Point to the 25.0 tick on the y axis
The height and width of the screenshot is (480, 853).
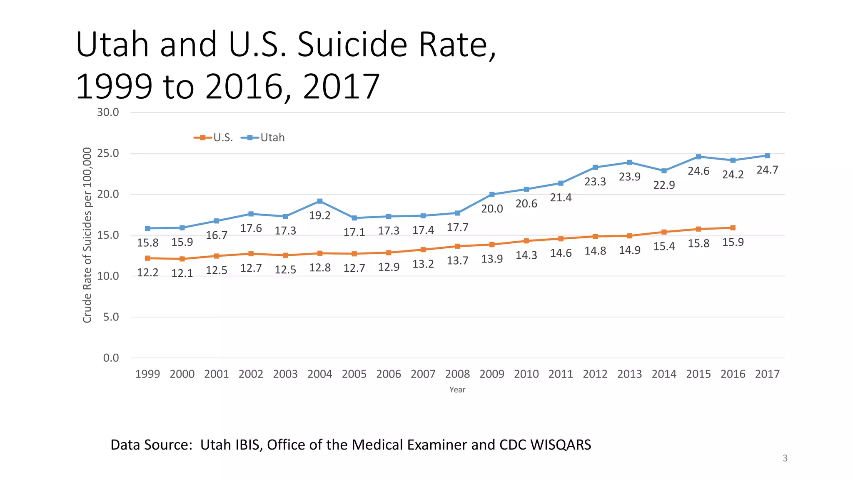click(108, 153)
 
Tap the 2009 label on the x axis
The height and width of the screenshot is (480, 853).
click(492, 374)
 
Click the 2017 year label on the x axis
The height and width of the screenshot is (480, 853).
click(767, 374)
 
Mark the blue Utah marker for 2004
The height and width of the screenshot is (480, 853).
click(320, 201)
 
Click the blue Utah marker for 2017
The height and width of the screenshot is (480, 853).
click(767, 155)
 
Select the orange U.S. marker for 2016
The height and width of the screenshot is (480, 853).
click(733, 228)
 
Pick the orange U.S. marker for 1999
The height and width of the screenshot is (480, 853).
click(148, 258)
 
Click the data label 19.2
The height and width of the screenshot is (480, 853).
click(320, 215)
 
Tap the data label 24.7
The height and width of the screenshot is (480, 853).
click(767, 170)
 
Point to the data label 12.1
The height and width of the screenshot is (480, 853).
click(182, 273)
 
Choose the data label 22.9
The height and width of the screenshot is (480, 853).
click(664, 185)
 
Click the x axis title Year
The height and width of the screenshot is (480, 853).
click(457, 390)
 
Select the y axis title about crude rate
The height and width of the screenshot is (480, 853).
click(87, 235)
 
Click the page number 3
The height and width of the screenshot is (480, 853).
click(785, 458)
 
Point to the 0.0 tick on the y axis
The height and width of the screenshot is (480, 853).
click(111, 358)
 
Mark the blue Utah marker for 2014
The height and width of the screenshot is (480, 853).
click(664, 171)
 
